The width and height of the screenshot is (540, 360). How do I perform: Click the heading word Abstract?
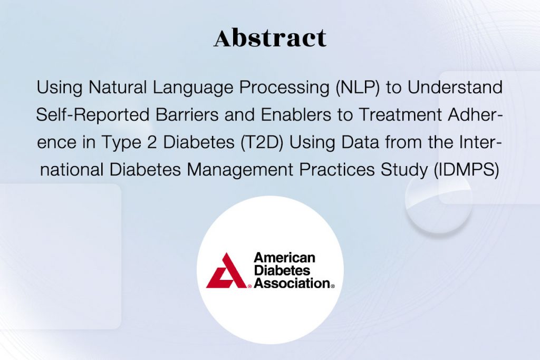(x=270, y=37)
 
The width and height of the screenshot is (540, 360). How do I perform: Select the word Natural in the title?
(x=118, y=87)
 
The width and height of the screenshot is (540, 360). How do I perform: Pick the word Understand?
(x=455, y=87)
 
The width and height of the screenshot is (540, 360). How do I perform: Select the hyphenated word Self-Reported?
(x=93, y=114)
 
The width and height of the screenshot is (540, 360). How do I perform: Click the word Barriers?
(x=187, y=114)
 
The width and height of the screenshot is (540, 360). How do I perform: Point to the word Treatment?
(x=400, y=114)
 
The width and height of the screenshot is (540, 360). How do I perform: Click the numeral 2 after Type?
(x=152, y=142)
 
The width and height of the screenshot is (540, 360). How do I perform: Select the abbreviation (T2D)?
(x=262, y=142)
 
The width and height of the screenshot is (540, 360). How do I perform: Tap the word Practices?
(x=337, y=170)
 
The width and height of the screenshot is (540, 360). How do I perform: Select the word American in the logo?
(x=284, y=257)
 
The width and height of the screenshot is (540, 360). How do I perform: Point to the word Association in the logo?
(x=292, y=283)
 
